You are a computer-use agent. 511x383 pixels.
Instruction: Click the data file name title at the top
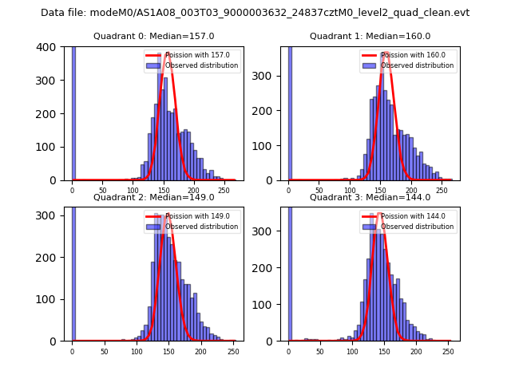[x=255, y=13]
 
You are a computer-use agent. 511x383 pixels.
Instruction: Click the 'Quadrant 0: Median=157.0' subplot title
[x=153, y=36]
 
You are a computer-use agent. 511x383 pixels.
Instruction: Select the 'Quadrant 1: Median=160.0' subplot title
[x=370, y=36]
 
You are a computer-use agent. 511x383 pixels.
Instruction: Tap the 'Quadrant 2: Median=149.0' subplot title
[x=153, y=197]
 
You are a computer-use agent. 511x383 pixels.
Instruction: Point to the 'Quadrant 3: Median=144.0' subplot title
[x=370, y=197]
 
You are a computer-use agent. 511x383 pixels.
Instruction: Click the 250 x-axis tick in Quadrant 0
[x=224, y=190]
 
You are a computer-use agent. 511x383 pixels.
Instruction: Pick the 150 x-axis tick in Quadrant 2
[x=137, y=351]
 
